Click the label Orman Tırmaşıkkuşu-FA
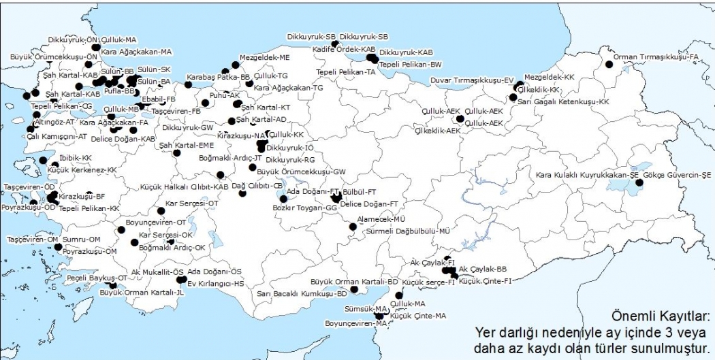(x=656, y=57)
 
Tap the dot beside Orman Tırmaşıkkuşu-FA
(x=609, y=65)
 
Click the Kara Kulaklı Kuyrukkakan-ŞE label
(x=587, y=175)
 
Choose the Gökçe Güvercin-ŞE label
(x=672, y=175)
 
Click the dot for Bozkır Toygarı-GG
(x=284, y=199)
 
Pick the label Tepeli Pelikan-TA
(x=345, y=72)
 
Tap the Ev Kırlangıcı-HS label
(x=215, y=283)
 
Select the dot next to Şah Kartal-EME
(x=176, y=153)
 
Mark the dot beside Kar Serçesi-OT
(x=161, y=211)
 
